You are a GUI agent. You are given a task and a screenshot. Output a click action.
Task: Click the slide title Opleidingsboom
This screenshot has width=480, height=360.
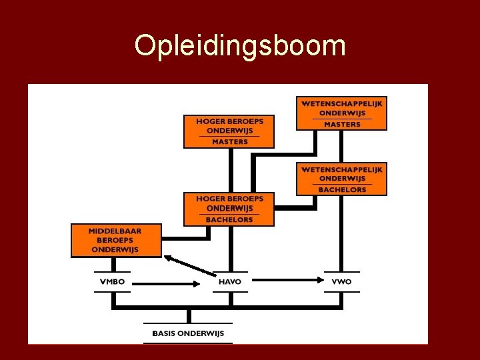coord(240,45)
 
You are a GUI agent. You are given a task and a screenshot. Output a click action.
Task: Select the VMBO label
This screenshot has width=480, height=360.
coord(112,281)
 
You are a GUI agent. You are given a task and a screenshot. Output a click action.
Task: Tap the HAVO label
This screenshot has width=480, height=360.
coord(230,281)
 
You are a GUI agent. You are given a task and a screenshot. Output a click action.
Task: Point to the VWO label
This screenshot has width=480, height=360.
coord(341,281)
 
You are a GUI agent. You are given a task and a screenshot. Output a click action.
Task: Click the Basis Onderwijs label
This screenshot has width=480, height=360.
coord(188,333)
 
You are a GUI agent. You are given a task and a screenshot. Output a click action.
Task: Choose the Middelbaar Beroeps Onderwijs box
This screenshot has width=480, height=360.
coord(115,240)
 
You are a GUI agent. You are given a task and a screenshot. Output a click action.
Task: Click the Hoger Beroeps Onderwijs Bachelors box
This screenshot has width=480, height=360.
coord(229,209)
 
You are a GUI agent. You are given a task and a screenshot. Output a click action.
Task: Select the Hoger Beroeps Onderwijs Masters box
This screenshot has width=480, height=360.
coord(229,131)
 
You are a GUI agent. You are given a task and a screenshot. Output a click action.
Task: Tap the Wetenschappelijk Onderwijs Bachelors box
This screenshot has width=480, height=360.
coord(342,178)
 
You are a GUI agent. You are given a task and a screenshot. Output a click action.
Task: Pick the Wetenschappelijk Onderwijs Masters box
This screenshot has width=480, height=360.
coord(342,113)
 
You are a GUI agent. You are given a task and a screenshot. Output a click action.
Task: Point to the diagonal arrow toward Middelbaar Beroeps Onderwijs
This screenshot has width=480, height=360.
coord(191,265)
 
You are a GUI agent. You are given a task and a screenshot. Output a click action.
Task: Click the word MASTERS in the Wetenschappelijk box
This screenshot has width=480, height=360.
coord(342,124)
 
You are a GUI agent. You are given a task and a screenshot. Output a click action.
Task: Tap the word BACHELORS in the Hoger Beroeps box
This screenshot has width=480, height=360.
coord(229,219)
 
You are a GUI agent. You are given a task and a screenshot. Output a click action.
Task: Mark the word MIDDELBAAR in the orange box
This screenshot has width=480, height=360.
coord(115,231)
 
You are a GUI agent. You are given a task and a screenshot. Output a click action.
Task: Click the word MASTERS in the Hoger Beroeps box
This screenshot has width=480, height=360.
coord(229,141)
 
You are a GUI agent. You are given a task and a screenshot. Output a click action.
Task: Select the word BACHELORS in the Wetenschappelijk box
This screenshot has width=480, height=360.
coord(342,189)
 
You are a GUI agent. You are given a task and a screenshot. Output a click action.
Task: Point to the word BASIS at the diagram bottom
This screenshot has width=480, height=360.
coord(163,333)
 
